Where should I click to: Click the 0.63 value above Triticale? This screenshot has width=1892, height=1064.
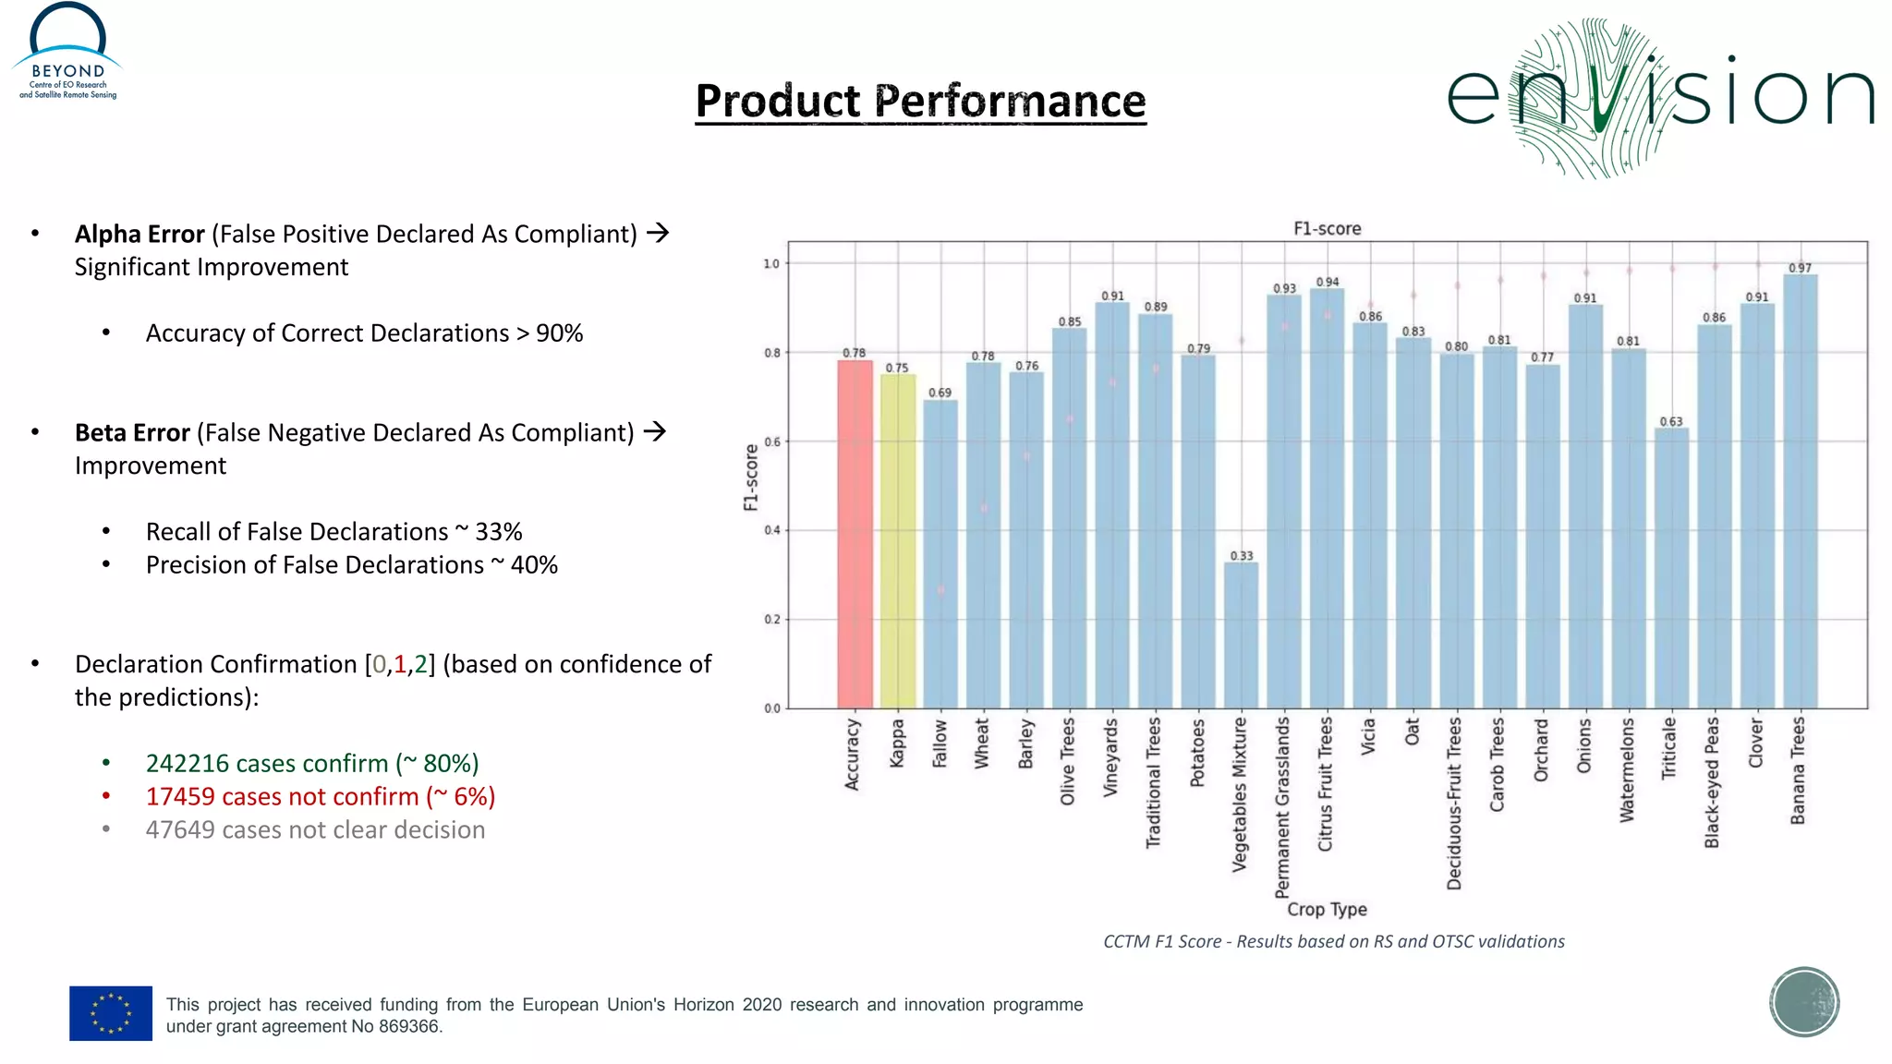(1670, 422)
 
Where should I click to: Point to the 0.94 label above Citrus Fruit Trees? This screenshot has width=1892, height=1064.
(1327, 283)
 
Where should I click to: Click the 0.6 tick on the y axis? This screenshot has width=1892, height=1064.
(771, 442)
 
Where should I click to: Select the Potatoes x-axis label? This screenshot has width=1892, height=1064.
(1197, 753)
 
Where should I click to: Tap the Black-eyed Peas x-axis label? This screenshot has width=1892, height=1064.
(1712, 781)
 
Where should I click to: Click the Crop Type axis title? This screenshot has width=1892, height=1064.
(1327, 910)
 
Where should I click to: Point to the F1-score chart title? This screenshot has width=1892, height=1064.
(1327, 229)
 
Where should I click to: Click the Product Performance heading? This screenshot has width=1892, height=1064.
(920, 101)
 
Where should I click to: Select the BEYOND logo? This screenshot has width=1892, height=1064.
(67, 52)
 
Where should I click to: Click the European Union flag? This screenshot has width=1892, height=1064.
(111, 1013)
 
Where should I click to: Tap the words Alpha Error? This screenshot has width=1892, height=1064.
(139, 235)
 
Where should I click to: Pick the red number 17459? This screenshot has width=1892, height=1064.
(180, 797)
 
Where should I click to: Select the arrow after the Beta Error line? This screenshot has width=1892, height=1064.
(655, 431)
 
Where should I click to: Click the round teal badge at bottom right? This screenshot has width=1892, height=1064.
(1803, 1002)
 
